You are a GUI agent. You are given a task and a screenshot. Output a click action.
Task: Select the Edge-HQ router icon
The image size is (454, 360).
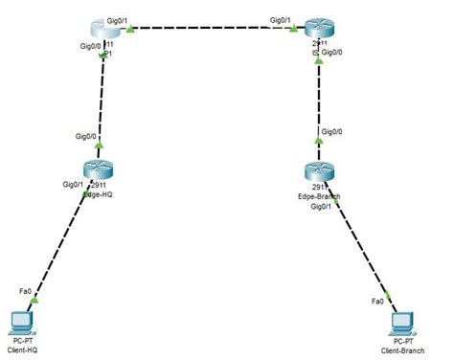tap(98, 172)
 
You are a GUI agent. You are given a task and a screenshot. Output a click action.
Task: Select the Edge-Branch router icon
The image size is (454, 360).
tap(319, 173)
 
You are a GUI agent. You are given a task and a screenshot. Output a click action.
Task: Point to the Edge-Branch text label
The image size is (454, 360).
tap(320, 195)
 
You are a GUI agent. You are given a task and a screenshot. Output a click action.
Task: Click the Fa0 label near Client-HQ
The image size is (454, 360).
tap(23, 290)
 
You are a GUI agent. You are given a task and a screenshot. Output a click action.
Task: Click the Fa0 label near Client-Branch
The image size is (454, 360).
tap(377, 302)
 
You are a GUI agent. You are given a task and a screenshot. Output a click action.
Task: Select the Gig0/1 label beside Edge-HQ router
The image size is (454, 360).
tap(73, 184)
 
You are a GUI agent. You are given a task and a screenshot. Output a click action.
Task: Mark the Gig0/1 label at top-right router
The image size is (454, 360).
tap(283, 18)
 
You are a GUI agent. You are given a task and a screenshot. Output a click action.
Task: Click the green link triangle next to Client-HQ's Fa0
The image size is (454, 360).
tap(35, 301)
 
